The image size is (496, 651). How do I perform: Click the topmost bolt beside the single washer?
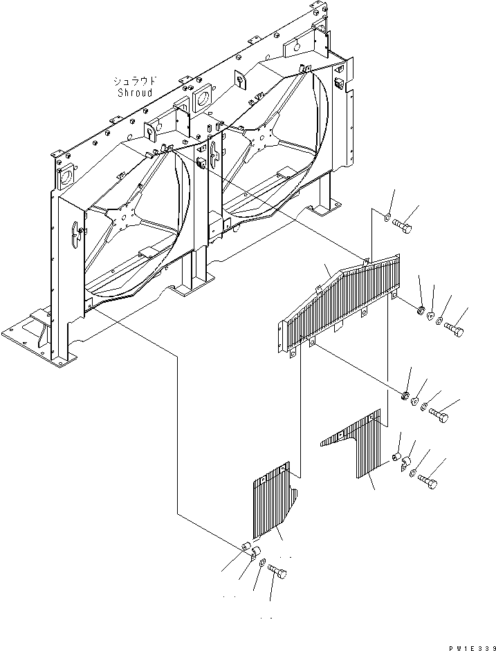coord(405,224)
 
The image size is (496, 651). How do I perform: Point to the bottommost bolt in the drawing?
coord(277,572)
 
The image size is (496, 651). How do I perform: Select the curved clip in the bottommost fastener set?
coord(255,553)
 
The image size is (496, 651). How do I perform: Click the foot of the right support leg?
coord(325,207)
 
